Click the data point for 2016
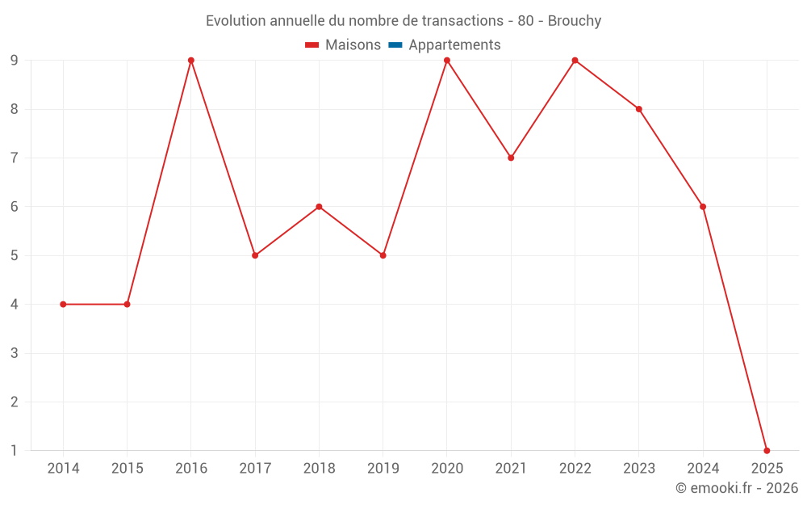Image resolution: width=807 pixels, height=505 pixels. pyautogui.click(x=191, y=61)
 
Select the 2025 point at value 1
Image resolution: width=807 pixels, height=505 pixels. pyautogui.click(x=767, y=450)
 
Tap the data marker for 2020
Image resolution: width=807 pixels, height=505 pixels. pyautogui.click(x=447, y=61)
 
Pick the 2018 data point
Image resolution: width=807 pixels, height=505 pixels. pyautogui.click(x=319, y=207)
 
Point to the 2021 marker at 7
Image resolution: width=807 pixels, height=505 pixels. pyautogui.click(x=511, y=158)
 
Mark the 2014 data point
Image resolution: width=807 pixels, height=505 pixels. pyautogui.click(x=63, y=304)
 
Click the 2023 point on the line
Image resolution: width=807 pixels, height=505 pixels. pyautogui.click(x=638, y=109)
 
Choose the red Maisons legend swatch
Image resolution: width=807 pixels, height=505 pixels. pyautogui.click(x=312, y=45)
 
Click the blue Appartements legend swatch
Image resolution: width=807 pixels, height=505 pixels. pyautogui.click(x=395, y=45)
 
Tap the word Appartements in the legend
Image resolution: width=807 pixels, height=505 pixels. pyautogui.click(x=454, y=45)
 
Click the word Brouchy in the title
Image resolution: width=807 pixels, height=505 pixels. pyautogui.click(x=575, y=21)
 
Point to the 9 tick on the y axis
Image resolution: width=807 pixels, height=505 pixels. pyautogui.click(x=14, y=61)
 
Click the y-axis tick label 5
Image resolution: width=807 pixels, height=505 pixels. pyautogui.click(x=14, y=255)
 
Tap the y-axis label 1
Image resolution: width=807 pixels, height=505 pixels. pyautogui.click(x=14, y=450)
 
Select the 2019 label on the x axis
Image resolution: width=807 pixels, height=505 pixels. pyautogui.click(x=383, y=469)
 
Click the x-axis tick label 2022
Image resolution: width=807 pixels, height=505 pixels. pyautogui.click(x=575, y=469)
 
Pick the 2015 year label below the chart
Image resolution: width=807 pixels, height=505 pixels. pyautogui.click(x=127, y=469)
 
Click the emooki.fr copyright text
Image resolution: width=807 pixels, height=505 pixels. pyautogui.click(x=736, y=488)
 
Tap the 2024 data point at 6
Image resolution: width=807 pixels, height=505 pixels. pyautogui.click(x=703, y=207)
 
